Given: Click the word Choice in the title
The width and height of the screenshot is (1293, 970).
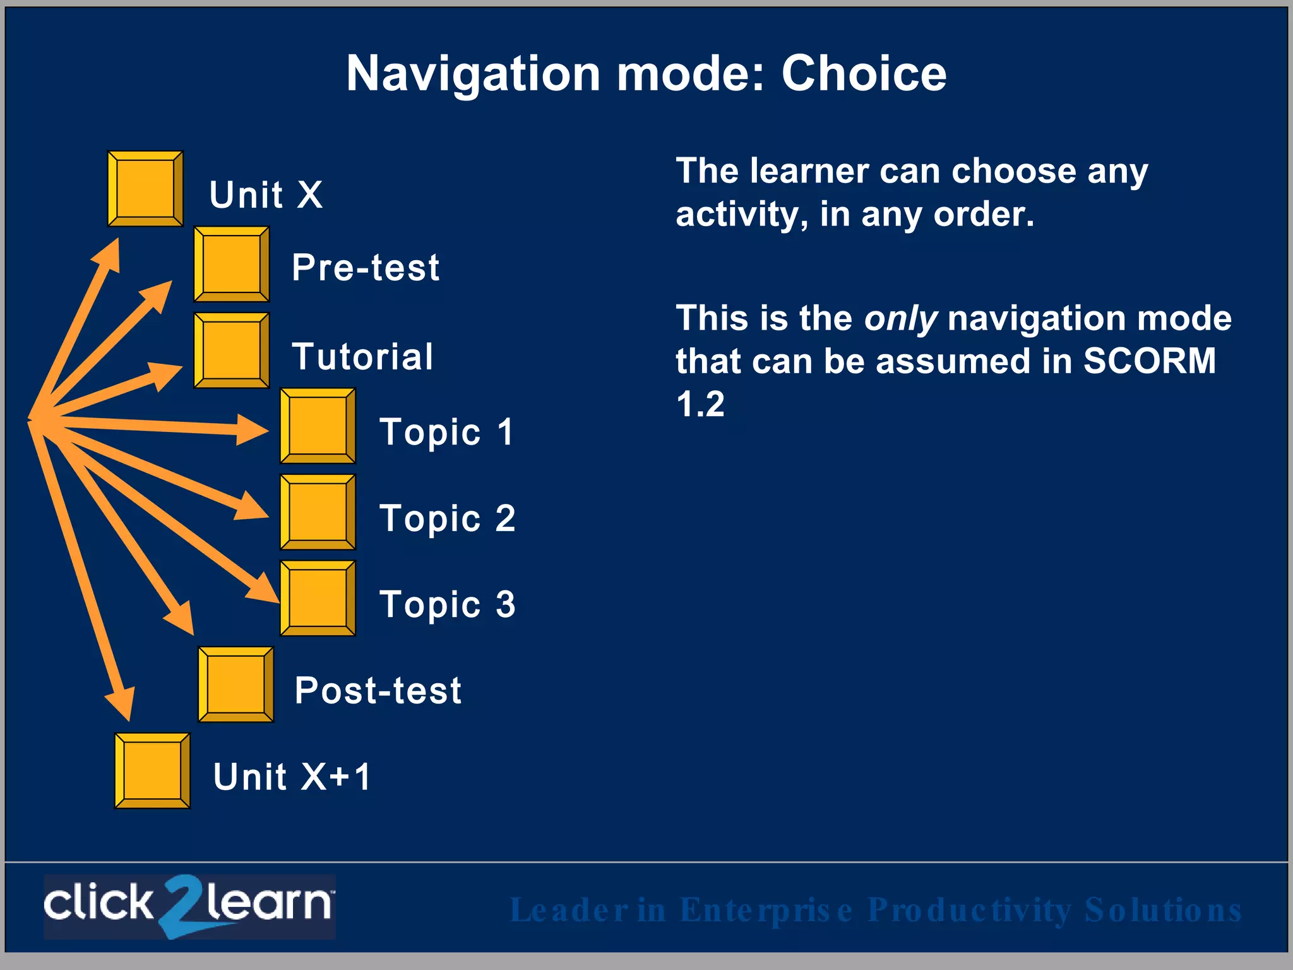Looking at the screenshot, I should (864, 74).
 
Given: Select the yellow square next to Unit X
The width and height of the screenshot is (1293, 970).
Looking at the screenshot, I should (145, 188).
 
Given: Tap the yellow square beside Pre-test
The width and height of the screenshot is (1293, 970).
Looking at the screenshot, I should (231, 264).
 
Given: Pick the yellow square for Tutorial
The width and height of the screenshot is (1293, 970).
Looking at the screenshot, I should (231, 350).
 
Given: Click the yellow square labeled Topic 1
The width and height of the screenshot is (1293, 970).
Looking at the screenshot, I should (318, 426).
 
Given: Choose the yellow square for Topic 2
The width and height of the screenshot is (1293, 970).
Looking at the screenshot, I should (318, 512).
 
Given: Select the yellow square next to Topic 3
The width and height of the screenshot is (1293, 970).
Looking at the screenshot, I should (318, 597).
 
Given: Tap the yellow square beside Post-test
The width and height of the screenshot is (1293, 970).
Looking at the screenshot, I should (235, 684).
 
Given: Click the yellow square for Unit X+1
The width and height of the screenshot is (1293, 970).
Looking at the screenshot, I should (152, 770).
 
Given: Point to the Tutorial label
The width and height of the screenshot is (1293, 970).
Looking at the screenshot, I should (362, 356).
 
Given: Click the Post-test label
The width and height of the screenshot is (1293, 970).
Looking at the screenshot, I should (378, 690).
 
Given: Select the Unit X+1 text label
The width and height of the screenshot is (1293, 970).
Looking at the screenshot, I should (292, 776).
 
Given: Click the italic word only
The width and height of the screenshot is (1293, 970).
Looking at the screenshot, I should (901, 319).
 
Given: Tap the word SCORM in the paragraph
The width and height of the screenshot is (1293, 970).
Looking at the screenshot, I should (1149, 361).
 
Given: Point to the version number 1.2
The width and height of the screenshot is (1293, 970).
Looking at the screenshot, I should (700, 404).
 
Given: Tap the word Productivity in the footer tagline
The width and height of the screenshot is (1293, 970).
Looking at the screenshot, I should (970, 910).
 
